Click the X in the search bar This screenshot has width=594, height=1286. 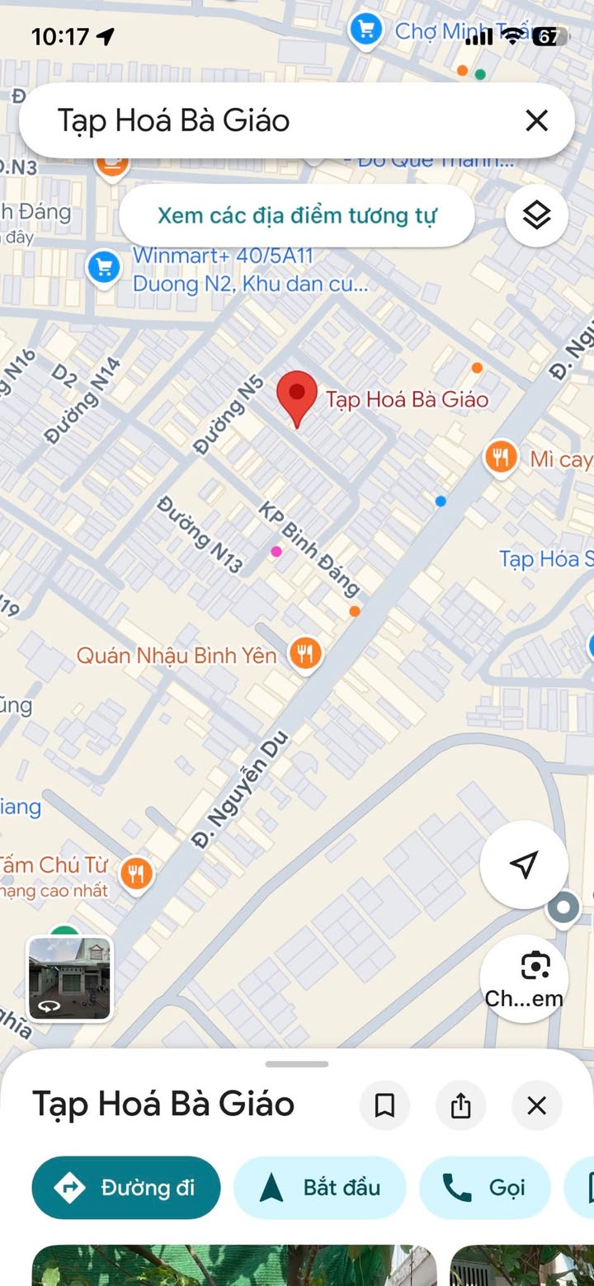tap(536, 120)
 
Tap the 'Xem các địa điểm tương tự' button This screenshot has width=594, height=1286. tap(297, 215)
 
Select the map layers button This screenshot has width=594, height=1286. tap(536, 215)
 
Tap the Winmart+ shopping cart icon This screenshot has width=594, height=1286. tap(104, 268)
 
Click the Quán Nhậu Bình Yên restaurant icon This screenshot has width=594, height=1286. tap(305, 654)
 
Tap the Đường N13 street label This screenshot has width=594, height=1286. tap(200, 535)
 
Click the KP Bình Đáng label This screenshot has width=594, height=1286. tap(309, 548)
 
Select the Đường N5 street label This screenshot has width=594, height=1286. tap(229, 415)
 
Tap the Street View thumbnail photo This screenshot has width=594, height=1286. tap(69, 977)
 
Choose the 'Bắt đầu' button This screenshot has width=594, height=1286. tap(320, 1188)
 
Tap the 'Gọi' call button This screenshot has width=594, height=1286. tap(485, 1188)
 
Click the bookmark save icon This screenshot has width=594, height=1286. tap(384, 1105)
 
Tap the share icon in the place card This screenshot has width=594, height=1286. tap(460, 1105)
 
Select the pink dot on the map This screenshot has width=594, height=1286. tap(276, 551)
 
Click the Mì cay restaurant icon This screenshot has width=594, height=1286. tap(501, 457)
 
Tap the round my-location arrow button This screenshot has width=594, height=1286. tap(524, 864)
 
